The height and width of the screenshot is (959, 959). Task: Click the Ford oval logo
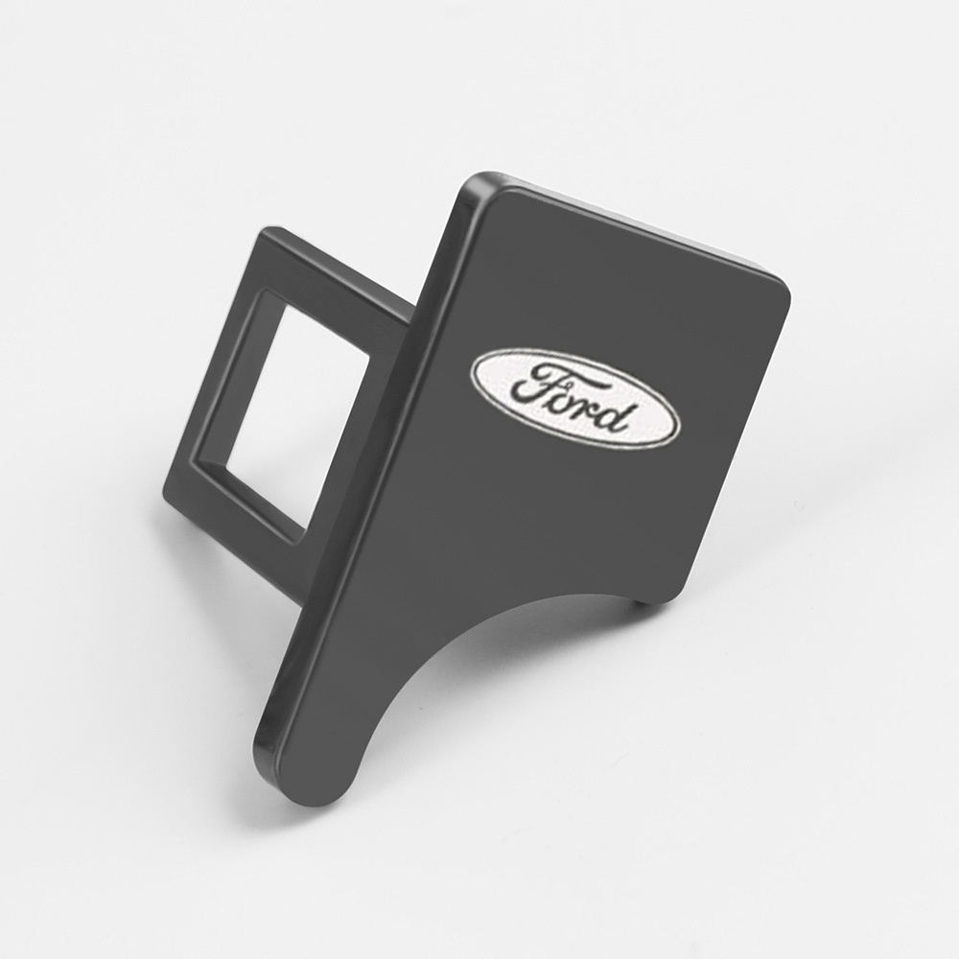[574, 399]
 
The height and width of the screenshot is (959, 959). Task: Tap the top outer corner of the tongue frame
[269, 229]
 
